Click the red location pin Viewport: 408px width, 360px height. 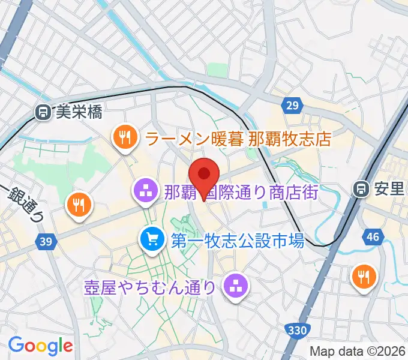coord(204,175)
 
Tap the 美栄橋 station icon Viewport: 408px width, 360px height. coord(43,112)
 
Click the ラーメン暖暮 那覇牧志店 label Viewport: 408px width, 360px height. coord(238,139)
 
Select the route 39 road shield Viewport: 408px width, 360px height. coord(44,241)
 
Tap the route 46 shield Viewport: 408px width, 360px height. coord(373,237)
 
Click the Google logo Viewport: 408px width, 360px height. coord(40,346)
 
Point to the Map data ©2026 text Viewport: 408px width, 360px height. coord(358,351)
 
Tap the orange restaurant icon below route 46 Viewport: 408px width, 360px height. coord(364,276)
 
